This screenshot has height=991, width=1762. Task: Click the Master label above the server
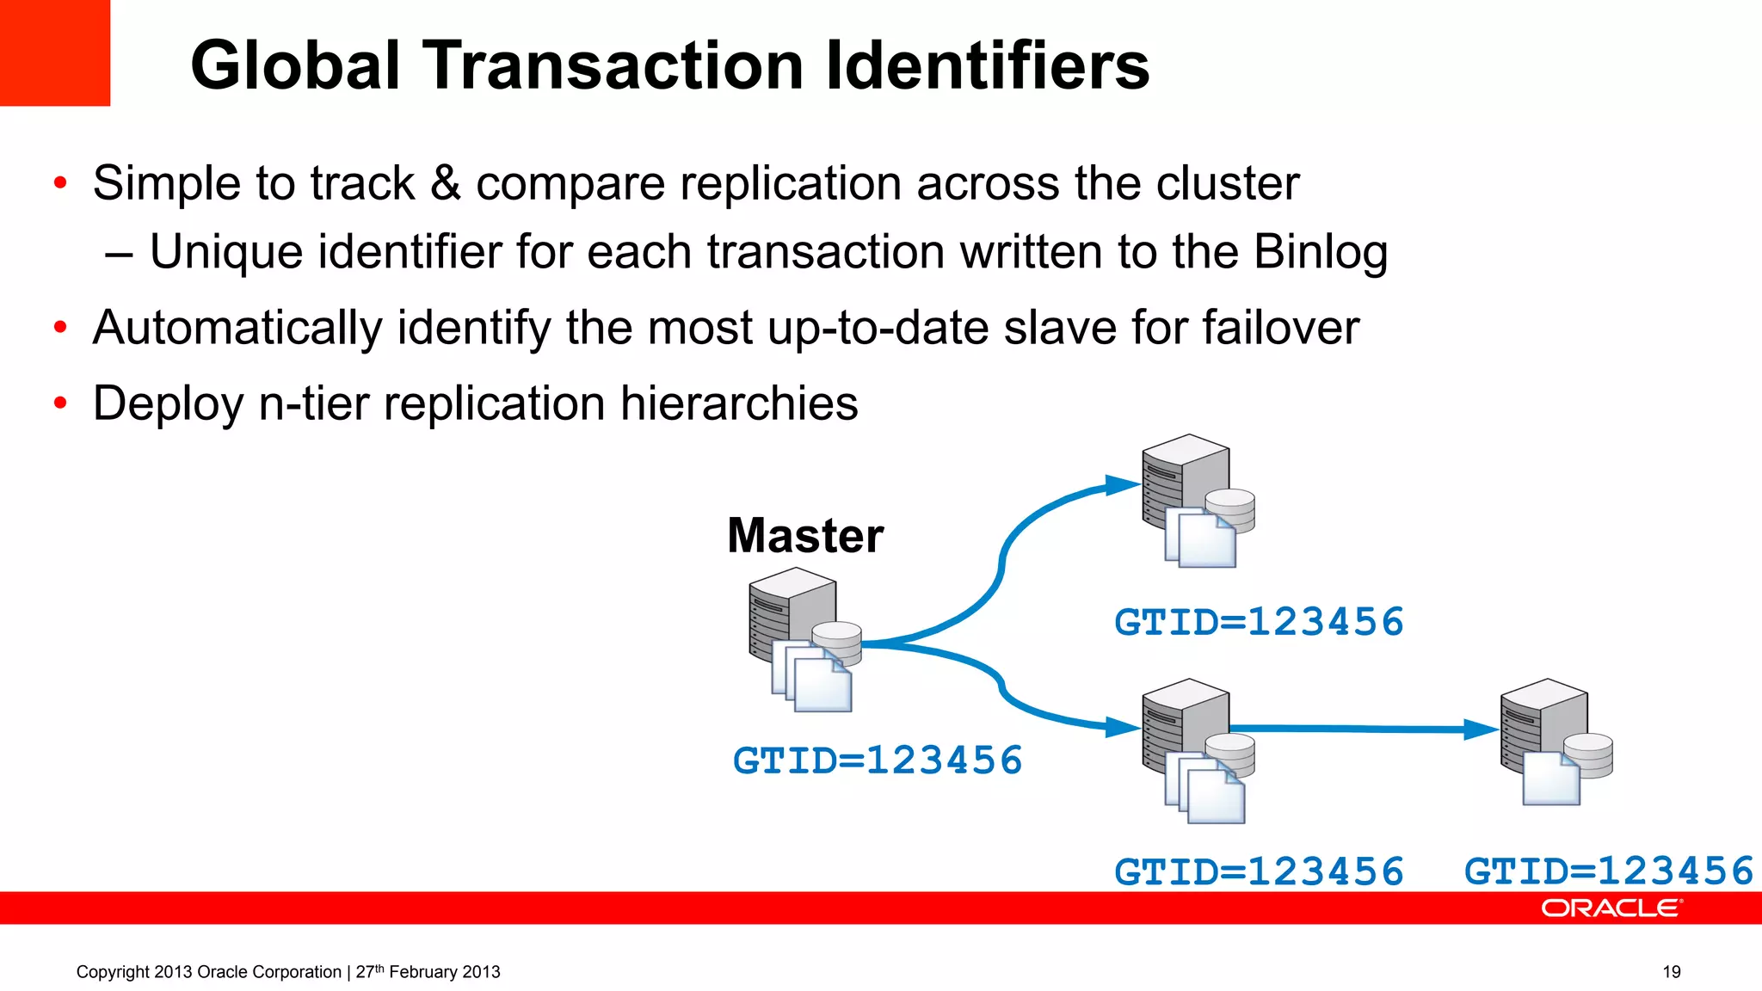click(x=805, y=535)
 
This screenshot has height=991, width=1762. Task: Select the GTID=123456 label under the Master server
click(x=878, y=760)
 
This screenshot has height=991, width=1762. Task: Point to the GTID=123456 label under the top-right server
click(x=1259, y=622)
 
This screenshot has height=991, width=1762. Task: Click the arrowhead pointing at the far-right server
click(x=1482, y=729)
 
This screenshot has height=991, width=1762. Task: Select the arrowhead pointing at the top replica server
click(x=1123, y=485)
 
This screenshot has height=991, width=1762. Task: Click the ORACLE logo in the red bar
click(x=1611, y=908)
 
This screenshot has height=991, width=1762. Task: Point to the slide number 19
click(x=1671, y=972)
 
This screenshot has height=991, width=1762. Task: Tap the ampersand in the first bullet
click(x=446, y=183)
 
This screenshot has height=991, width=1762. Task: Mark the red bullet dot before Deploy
click(x=60, y=403)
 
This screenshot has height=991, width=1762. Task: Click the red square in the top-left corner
click(x=55, y=52)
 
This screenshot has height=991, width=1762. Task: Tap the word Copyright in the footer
click(x=113, y=972)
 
